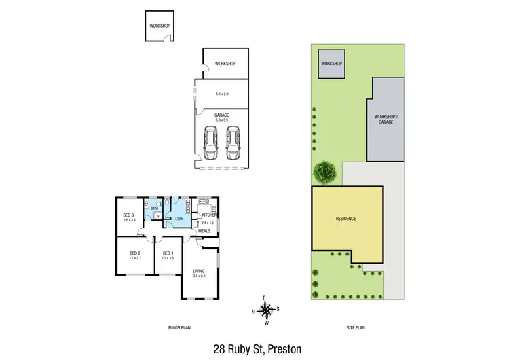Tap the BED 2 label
pos(134,253)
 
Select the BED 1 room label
pos(168,253)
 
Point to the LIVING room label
pos(199,271)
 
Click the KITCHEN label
pos(208,215)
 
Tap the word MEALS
pos(204,231)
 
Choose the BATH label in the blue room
pos(154,209)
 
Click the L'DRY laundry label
pos(180,219)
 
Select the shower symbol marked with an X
pos(158,217)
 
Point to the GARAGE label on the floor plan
pos(221,115)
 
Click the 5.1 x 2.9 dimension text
pos(222,94)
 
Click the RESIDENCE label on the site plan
pos(345,219)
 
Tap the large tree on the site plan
pos(325,172)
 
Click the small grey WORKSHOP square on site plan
pos(331,64)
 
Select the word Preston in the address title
pos(283,348)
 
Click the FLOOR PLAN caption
pos(179,327)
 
